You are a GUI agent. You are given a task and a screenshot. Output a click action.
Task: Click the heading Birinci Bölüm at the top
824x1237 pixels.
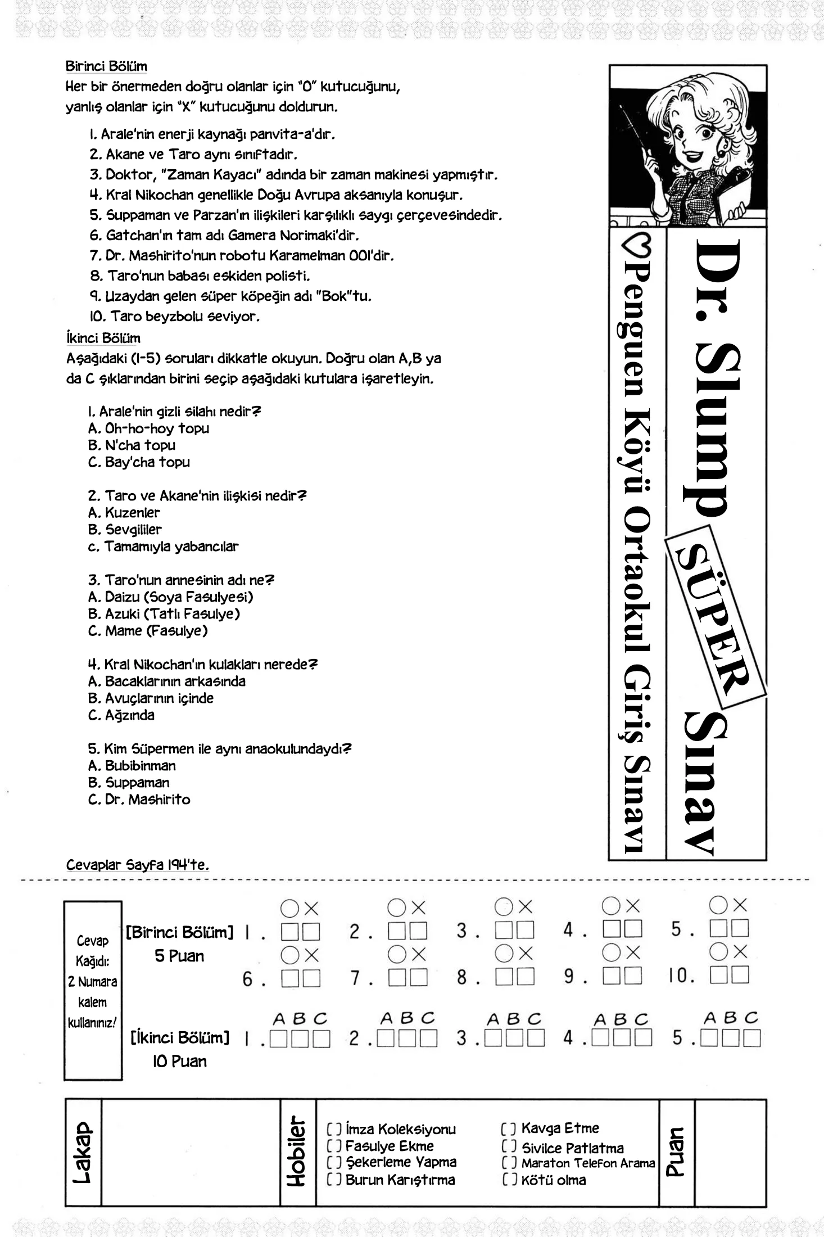click(106, 66)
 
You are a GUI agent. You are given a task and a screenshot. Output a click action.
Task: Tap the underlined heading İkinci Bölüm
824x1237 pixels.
click(103, 338)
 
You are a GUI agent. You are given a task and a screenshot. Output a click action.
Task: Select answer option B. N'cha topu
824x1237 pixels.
click(132, 445)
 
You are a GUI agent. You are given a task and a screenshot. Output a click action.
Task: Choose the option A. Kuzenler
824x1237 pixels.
click(124, 513)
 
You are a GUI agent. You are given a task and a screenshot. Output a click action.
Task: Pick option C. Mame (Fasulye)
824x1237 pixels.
click(148, 631)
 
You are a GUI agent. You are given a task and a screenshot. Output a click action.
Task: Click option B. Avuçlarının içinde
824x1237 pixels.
click(151, 698)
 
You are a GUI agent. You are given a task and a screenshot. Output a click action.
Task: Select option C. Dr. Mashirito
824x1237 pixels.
click(139, 800)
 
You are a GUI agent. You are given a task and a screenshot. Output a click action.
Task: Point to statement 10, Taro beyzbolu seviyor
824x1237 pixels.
click(175, 317)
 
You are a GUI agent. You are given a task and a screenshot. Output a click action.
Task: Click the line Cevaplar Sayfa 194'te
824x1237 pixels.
click(138, 865)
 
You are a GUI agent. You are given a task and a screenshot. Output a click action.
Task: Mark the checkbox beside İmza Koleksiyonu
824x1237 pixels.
click(334, 1129)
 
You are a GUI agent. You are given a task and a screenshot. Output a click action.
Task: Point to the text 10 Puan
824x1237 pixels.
click(179, 1062)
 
